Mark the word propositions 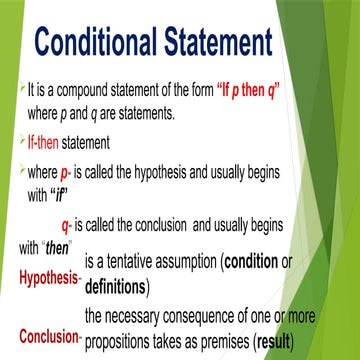coord(128,340)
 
